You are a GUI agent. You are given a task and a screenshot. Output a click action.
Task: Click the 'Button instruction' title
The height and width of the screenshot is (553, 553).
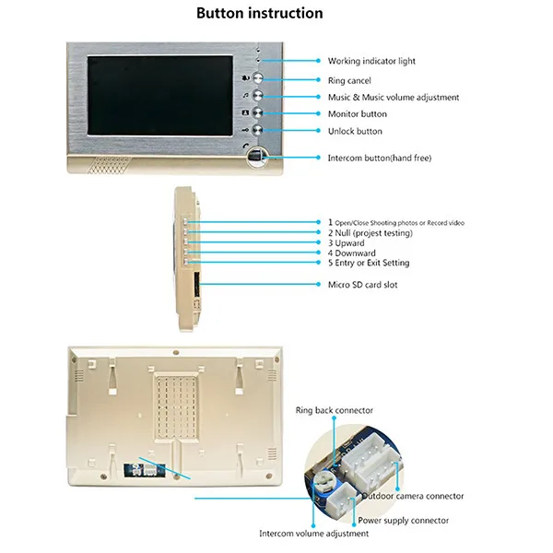click(260, 14)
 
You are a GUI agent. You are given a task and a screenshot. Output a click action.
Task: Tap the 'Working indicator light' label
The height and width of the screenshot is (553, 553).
click(371, 62)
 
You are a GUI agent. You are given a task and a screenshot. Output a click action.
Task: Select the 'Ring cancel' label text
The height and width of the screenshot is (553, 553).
click(349, 81)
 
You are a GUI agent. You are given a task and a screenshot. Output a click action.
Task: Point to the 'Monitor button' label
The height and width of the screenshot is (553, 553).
click(358, 114)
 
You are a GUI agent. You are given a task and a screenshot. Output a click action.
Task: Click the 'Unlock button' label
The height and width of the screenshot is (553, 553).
click(355, 132)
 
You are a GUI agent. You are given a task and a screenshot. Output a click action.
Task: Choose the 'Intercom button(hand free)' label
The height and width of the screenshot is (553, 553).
click(380, 159)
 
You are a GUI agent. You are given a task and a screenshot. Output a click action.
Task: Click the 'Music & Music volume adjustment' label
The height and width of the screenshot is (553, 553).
click(394, 98)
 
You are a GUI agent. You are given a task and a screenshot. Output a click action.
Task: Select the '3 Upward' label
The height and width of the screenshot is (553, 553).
click(347, 243)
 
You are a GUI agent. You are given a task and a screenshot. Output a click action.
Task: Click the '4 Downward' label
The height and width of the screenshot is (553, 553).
click(352, 253)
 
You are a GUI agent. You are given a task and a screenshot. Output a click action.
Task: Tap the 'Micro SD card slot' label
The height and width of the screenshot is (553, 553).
click(363, 285)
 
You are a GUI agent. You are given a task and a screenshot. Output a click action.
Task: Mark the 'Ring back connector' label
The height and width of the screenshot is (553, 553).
click(334, 410)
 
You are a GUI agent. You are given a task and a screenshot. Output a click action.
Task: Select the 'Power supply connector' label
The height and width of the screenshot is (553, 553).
click(404, 521)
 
